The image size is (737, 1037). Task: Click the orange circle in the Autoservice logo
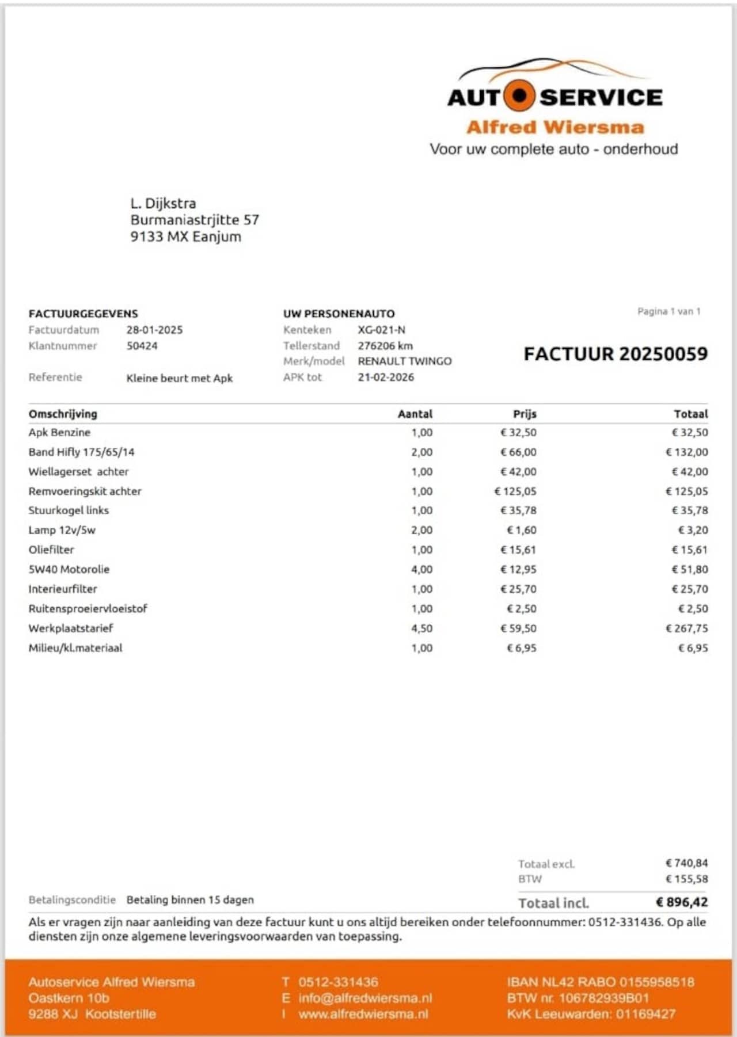(x=519, y=96)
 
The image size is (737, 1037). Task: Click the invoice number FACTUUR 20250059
(x=615, y=354)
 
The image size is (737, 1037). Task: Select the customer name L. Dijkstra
(x=163, y=203)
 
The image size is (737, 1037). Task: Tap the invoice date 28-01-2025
(x=154, y=330)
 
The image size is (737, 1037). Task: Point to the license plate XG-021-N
(x=381, y=330)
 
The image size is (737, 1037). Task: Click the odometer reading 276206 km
(x=385, y=346)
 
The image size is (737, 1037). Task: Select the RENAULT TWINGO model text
(x=404, y=361)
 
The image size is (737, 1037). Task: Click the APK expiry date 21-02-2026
(x=385, y=378)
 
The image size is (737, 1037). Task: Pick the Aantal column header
(x=415, y=414)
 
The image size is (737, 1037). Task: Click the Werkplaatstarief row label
(x=71, y=628)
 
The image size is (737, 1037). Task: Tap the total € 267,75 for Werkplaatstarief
(x=686, y=628)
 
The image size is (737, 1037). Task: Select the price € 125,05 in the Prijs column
(x=515, y=491)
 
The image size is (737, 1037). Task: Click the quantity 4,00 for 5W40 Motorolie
(x=421, y=570)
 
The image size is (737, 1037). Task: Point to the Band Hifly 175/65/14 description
(x=81, y=452)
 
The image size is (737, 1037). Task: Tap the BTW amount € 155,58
(x=686, y=879)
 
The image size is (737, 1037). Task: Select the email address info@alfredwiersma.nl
(x=364, y=998)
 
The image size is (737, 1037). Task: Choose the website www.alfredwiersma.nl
(x=363, y=1014)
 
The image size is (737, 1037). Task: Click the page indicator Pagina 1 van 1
(x=668, y=311)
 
